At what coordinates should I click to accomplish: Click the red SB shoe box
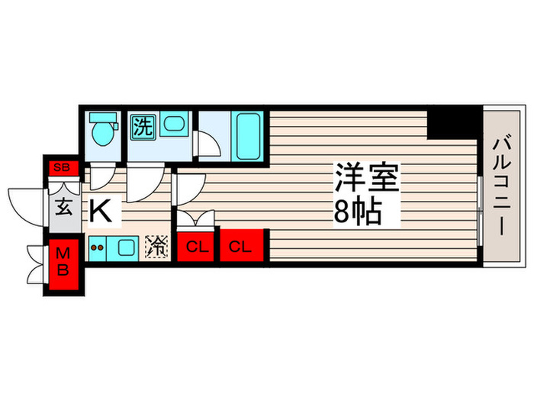[60, 167]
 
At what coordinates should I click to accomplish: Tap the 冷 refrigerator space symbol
[157, 246]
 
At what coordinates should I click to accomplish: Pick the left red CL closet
[196, 247]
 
